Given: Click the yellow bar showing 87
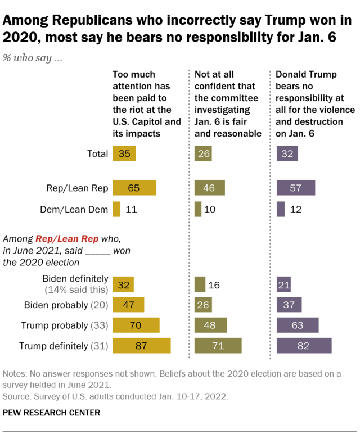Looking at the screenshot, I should click(x=141, y=345).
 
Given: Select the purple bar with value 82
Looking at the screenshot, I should click(x=304, y=345).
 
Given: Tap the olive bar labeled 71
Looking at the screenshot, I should click(x=218, y=345).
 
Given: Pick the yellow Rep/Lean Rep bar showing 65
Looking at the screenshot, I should click(x=134, y=188).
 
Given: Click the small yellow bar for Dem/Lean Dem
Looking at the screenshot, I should click(x=116, y=209).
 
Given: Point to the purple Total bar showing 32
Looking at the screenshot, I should click(x=287, y=153).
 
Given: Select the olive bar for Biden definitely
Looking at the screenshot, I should click(x=200, y=284).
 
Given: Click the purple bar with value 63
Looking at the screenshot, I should click(x=298, y=325).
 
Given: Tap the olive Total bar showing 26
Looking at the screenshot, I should click(x=203, y=153).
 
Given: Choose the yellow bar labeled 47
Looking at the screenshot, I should click(x=128, y=305).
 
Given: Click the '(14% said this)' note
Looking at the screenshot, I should click(x=76, y=289).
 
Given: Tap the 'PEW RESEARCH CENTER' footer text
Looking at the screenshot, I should click(x=51, y=413).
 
